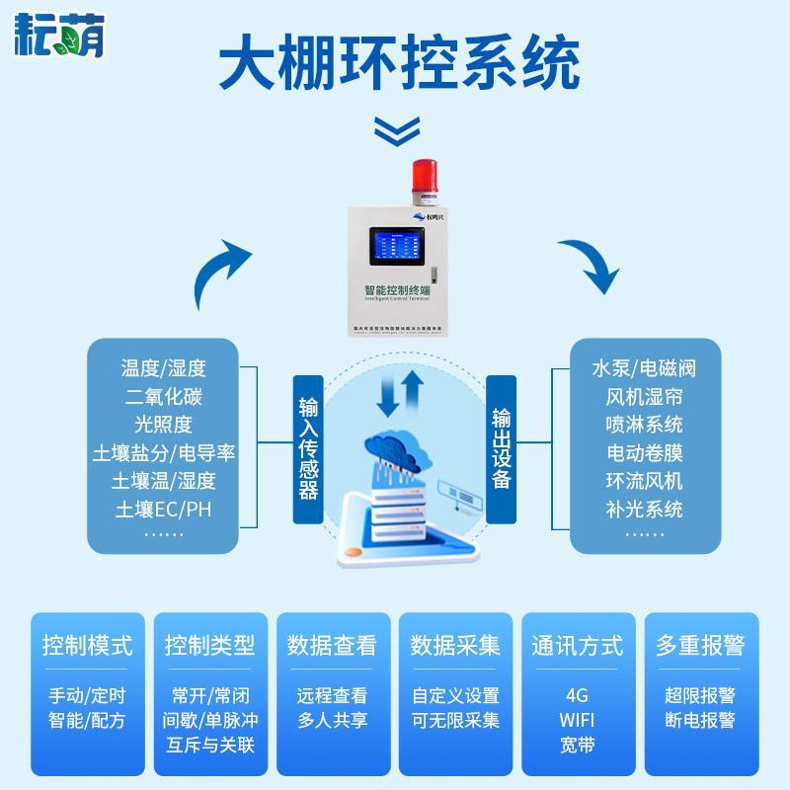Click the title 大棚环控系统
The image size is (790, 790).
(395, 65)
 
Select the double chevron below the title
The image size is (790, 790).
(394, 128)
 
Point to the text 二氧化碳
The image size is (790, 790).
(163, 397)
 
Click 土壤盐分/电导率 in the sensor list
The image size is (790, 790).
(163, 453)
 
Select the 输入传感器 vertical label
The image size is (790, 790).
(309, 448)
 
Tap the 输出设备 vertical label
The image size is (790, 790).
(502, 448)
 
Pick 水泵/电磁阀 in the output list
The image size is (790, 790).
(645, 368)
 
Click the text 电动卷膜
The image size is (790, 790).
(645, 453)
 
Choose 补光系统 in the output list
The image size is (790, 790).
(645, 510)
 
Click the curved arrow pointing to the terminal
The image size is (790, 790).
(222, 274)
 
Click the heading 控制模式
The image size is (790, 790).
(87, 646)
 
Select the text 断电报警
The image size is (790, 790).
(700, 720)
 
